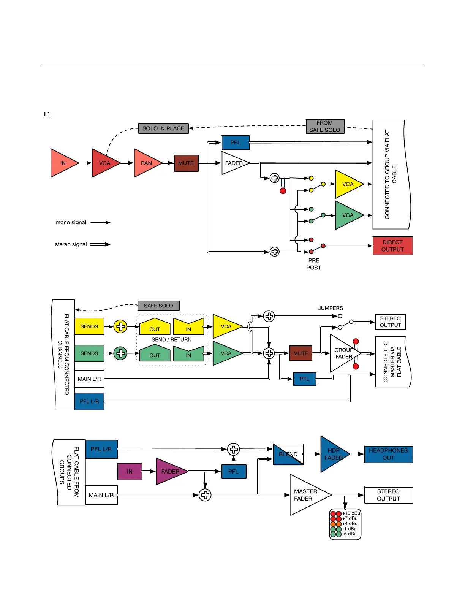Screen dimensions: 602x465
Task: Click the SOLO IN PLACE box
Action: (x=163, y=128)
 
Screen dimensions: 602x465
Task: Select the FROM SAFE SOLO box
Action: (x=325, y=127)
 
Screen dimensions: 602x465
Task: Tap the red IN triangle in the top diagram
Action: (x=63, y=163)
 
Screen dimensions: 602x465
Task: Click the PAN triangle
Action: (x=146, y=163)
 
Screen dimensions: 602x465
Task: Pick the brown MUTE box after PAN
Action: (x=186, y=163)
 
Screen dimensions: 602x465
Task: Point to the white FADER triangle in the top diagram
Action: (x=234, y=163)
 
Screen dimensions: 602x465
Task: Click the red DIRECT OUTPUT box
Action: (x=392, y=246)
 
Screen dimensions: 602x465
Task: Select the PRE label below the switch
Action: (x=314, y=260)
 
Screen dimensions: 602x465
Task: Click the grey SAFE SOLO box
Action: (x=158, y=306)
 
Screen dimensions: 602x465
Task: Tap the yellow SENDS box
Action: (x=89, y=326)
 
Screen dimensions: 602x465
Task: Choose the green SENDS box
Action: (x=89, y=353)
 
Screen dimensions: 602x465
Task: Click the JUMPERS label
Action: (x=331, y=308)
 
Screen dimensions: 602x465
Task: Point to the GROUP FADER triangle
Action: (x=343, y=353)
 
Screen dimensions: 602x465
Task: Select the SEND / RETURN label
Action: (x=171, y=339)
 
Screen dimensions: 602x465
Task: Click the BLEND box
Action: (x=288, y=454)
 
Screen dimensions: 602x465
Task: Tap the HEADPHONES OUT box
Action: (x=388, y=454)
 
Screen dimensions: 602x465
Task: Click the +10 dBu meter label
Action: (x=351, y=513)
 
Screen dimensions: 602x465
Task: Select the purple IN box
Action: (x=130, y=472)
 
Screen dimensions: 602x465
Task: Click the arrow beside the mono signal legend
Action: (x=100, y=222)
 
